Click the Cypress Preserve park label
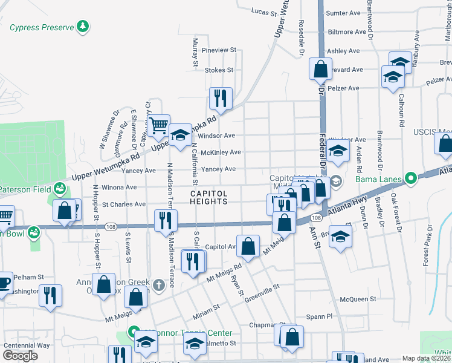40,27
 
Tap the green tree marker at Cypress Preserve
83,27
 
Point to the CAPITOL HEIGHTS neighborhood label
210,197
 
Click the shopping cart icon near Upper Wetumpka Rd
158,125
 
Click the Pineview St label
219,50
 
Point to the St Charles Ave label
124,204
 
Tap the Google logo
20,356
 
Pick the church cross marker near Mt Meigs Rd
159,284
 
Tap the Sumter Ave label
343,13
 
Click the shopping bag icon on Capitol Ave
248,245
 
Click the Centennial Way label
27,345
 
